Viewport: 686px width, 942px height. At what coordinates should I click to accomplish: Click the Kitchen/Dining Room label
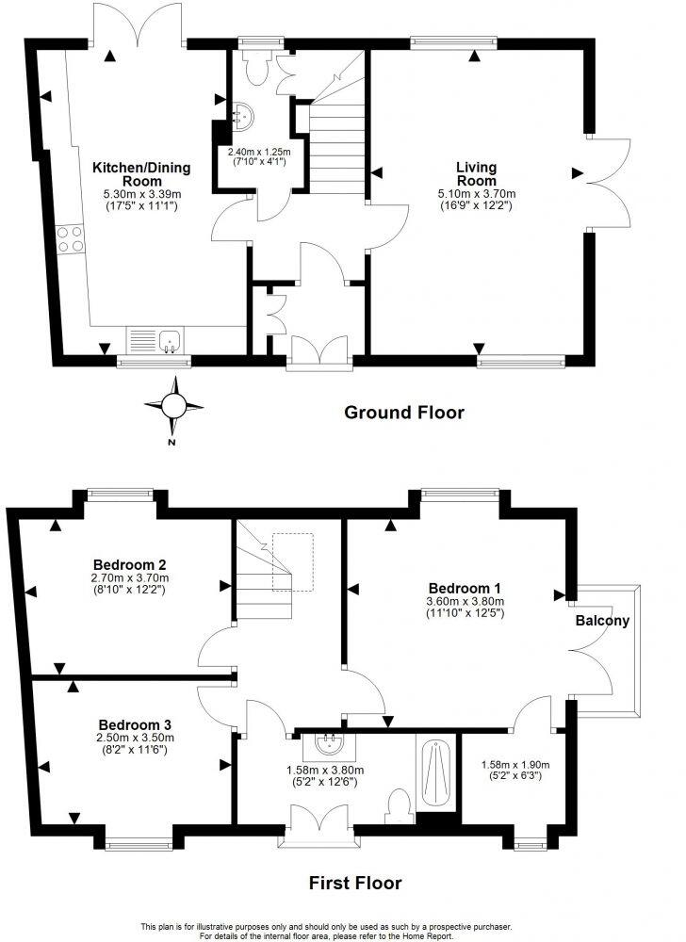(141, 174)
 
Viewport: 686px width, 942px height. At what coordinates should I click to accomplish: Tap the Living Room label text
(477, 174)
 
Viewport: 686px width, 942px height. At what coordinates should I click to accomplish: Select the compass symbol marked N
(174, 406)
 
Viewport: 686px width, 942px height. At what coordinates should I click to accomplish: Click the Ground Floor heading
(404, 413)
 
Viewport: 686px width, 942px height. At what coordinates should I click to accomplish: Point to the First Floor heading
(356, 883)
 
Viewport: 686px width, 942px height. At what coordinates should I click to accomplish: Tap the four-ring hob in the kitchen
(71, 239)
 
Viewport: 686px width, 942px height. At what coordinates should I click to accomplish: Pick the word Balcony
(604, 622)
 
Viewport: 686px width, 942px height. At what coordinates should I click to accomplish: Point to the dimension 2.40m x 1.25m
(258, 151)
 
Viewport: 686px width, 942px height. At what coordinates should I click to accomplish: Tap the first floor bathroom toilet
(399, 804)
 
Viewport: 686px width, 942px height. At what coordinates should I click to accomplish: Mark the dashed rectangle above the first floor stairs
(292, 561)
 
